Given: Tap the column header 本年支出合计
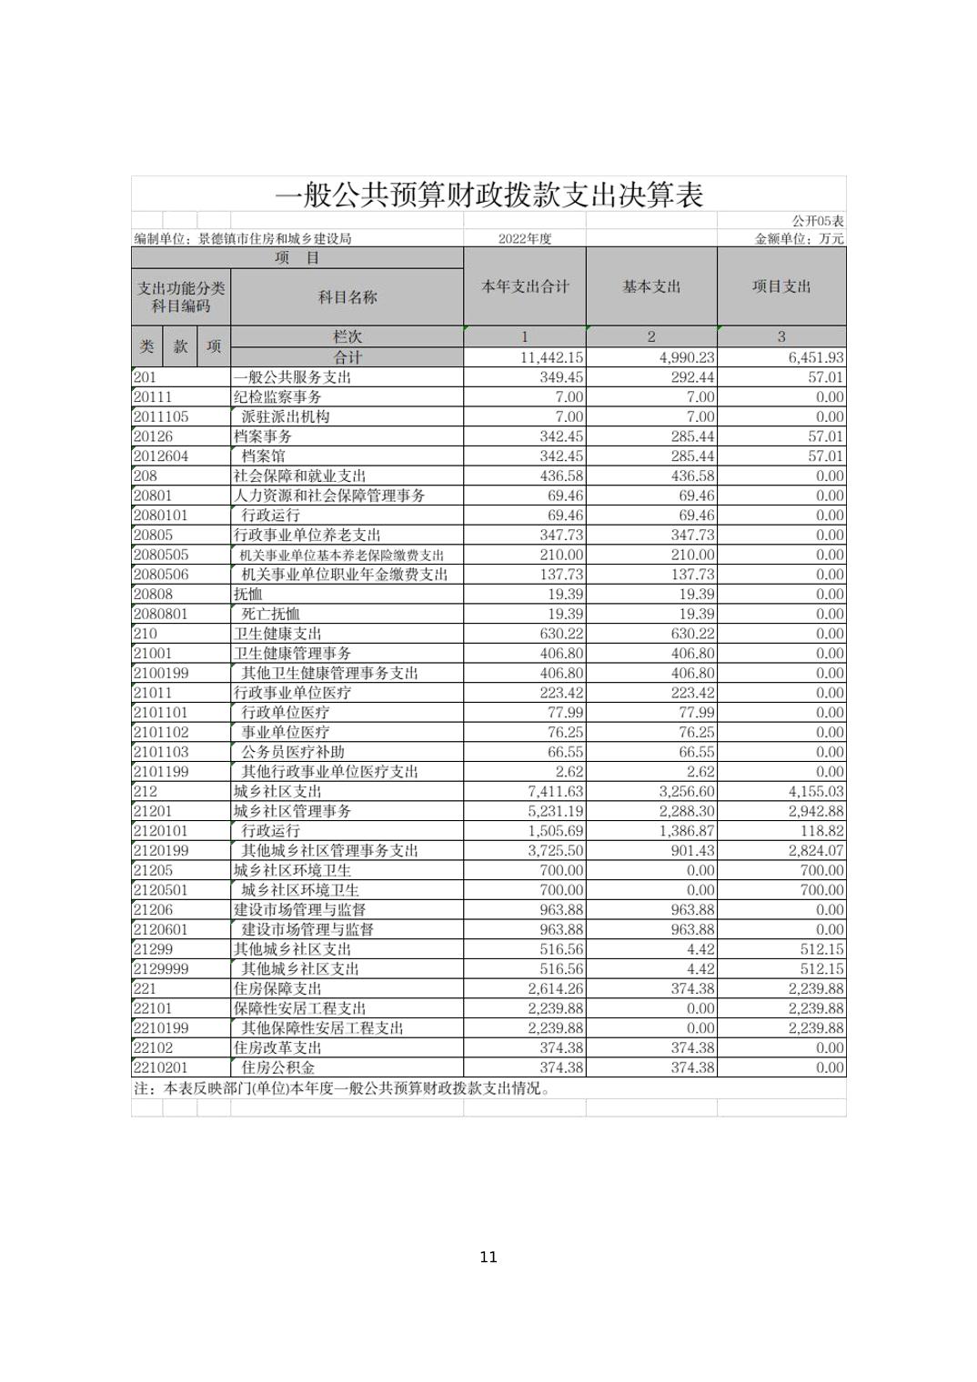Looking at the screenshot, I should [x=525, y=286].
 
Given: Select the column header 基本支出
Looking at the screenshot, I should [x=651, y=286].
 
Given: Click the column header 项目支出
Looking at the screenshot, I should [x=781, y=286].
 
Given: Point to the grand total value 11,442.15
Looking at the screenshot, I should [x=551, y=358].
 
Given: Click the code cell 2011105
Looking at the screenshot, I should [x=161, y=416].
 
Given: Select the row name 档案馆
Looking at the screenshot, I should [x=263, y=456].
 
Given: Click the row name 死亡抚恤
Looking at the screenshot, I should [x=270, y=614].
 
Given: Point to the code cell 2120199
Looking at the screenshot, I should [x=161, y=851].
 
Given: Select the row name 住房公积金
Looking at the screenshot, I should [x=277, y=1067].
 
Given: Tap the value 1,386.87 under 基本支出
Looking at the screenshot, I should [x=687, y=831].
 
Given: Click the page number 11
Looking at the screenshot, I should [x=488, y=1257].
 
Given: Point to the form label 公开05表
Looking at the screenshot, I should [x=817, y=221].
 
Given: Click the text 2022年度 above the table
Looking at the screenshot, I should [x=525, y=239].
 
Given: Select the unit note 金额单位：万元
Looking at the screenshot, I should [x=800, y=239].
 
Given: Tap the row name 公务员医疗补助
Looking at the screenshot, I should [x=293, y=752].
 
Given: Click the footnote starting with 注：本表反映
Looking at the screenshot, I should [x=342, y=1088].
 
